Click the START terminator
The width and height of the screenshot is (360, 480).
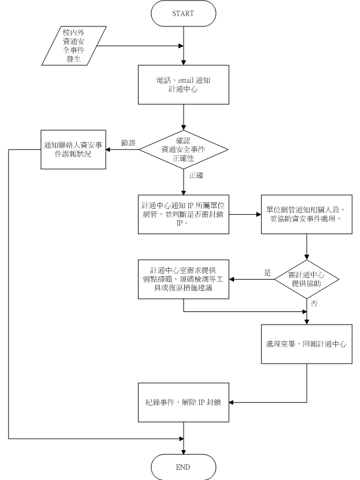click(184, 13)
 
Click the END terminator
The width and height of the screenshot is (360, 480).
click(183, 466)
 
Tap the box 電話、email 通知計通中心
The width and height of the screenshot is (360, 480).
click(183, 89)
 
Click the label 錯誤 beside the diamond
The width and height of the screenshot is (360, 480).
click(128, 143)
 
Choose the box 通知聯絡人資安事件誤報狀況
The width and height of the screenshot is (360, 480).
click(73, 149)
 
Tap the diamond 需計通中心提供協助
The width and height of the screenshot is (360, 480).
click(307, 279)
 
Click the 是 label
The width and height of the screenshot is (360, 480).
click(268, 273)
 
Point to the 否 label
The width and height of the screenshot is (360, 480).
click(314, 304)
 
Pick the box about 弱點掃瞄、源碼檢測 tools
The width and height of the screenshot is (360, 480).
click(183, 279)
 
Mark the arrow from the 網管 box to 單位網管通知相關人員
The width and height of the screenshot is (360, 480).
click(244, 213)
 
